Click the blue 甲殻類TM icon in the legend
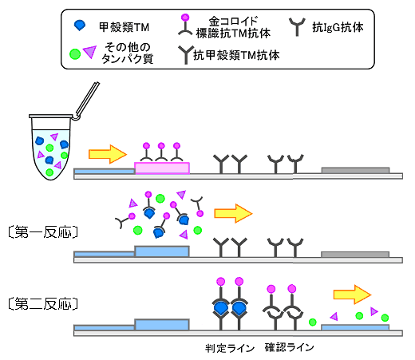click(80, 26)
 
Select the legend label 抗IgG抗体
click(338, 27)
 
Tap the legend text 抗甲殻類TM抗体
click(236, 55)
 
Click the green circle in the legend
click(75, 54)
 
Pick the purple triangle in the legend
click(90, 52)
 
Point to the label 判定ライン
click(230, 348)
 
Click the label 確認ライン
click(290, 347)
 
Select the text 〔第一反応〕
click(43, 232)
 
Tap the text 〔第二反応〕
click(43, 303)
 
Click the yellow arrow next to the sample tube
click(108, 154)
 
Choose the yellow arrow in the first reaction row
click(233, 213)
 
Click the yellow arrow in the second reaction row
click(352, 295)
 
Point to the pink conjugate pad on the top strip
click(162, 168)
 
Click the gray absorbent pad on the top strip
click(355, 170)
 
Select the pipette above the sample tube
click(87, 101)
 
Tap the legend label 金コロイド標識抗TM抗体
click(233, 27)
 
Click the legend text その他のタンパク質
click(128, 53)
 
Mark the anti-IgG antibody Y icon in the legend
click(297, 27)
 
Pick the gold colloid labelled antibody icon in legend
click(185, 26)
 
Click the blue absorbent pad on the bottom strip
click(355, 327)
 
